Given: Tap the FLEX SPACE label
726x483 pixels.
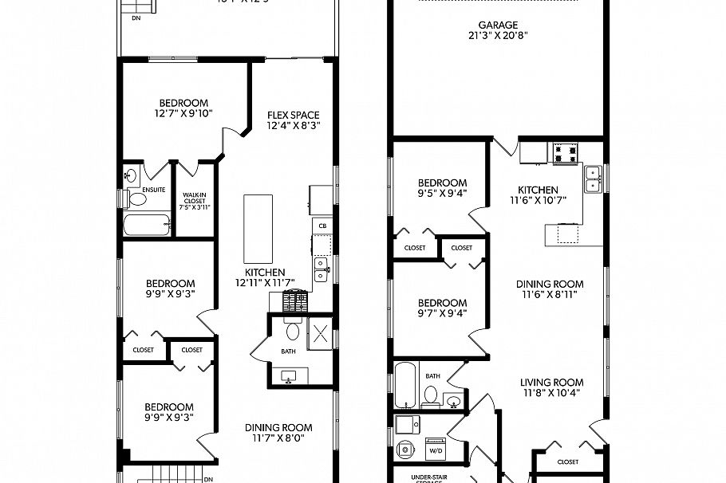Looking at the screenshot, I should pyautogui.click(x=293, y=115).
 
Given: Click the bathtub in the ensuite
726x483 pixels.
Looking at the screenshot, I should pyautogui.click(x=147, y=224).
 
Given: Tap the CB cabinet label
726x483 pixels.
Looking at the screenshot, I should pyautogui.click(x=322, y=226).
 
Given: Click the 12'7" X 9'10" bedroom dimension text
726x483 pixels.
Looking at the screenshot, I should pyautogui.click(x=183, y=114).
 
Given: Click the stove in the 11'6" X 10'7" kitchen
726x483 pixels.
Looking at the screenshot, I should pyautogui.click(x=566, y=152).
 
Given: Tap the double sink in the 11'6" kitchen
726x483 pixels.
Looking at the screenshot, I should pyautogui.click(x=592, y=179).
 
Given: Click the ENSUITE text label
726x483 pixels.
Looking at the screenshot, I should pyautogui.click(x=154, y=190).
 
